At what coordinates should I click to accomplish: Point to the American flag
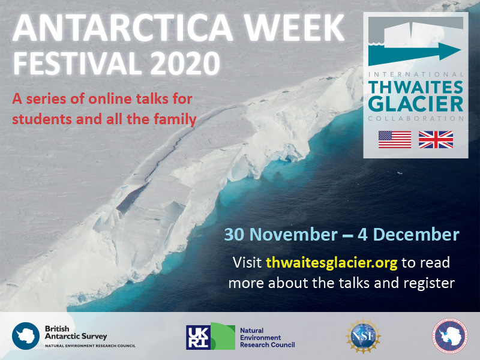click(394, 139)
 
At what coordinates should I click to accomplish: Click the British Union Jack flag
click(436, 139)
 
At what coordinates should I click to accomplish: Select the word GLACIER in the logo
click(415, 103)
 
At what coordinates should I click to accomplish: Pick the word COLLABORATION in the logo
click(415, 118)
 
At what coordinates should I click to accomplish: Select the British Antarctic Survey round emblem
click(26, 335)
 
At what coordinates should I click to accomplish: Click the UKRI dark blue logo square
click(198, 337)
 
